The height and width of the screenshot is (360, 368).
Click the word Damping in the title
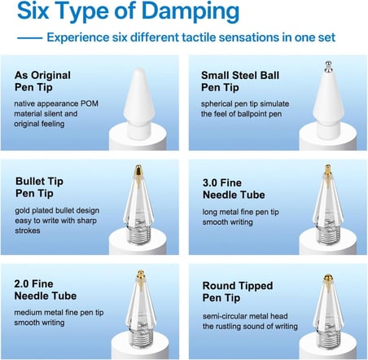click(191, 12)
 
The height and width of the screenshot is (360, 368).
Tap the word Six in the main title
click(33, 11)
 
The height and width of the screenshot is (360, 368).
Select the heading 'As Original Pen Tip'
click(42, 81)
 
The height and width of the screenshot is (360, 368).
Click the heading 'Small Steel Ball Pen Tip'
click(240, 81)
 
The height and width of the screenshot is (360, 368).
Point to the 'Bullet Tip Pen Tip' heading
click(39, 187)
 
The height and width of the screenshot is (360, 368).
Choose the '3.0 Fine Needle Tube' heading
click(234, 189)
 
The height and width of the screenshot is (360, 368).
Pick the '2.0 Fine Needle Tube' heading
click(46, 290)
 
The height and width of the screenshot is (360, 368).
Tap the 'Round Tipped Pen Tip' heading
click(238, 292)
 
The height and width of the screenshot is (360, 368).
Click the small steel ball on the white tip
click(329, 67)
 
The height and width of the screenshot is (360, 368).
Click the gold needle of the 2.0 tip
click(141, 279)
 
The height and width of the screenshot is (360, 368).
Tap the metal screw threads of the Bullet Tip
click(139, 233)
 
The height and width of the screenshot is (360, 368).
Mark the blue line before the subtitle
click(30, 38)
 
